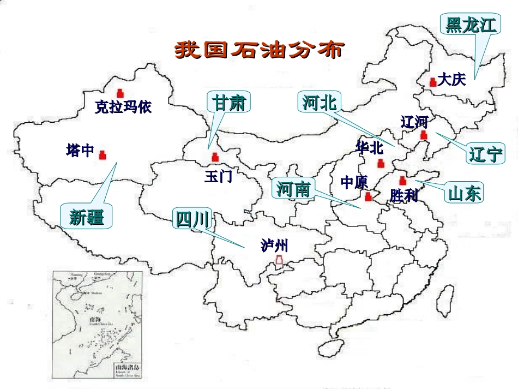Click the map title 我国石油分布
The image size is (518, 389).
pyautogui.click(x=259, y=50)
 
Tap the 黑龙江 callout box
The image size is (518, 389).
pyautogui.click(x=470, y=25)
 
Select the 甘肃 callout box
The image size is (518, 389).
pyautogui.click(x=229, y=102)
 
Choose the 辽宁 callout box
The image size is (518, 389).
pyautogui.click(x=485, y=154)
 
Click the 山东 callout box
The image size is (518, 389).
pyautogui.click(x=465, y=193)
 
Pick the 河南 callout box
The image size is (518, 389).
pyautogui.click(x=293, y=189)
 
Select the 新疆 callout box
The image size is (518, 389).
pyautogui.click(x=87, y=216)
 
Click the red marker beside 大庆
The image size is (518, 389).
pyautogui.click(x=433, y=82)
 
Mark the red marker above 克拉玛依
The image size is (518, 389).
pyautogui.click(x=120, y=93)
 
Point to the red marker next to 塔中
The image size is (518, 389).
pyautogui.click(x=103, y=155)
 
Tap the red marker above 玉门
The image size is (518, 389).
pyautogui.click(x=215, y=157)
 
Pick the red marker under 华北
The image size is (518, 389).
pyautogui.click(x=381, y=163)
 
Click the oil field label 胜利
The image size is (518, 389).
pyautogui.click(x=403, y=195)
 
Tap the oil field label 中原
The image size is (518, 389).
pyautogui.click(x=354, y=182)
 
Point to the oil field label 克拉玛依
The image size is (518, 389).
pyautogui.click(x=123, y=107)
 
